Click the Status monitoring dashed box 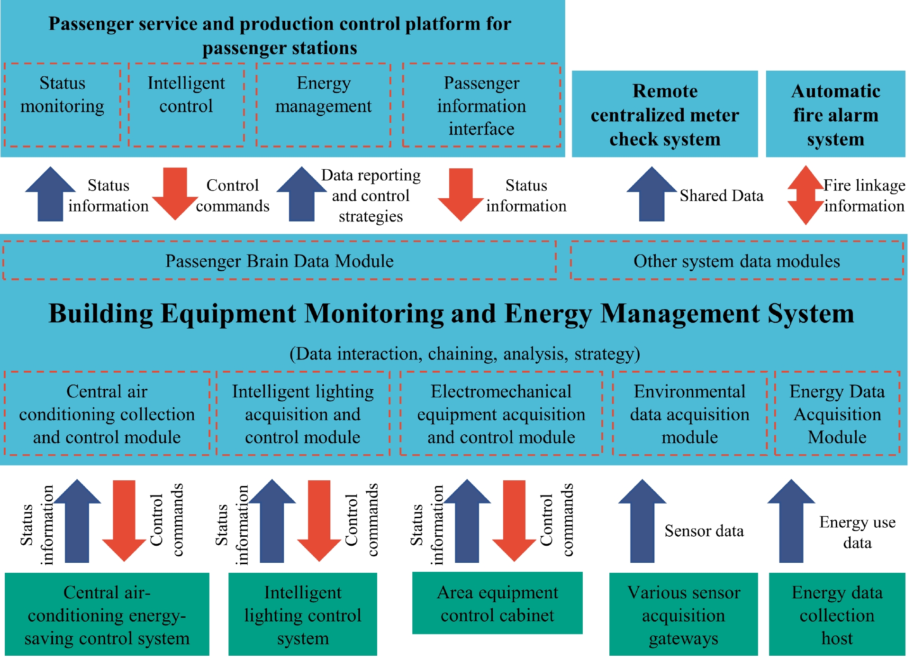[x=62, y=105]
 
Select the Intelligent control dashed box [x=186, y=105]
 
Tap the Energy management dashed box [x=323, y=105]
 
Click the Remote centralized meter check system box [x=664, y=114]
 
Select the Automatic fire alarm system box [x=835, y=114]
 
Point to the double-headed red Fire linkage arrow [x=805, y=195]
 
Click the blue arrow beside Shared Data [x=652, y=195]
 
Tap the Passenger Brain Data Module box [x=279, y=261]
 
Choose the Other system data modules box [x=736, y=261]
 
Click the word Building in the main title [x=100, y=314]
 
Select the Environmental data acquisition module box [x=689, y=414]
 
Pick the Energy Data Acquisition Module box [x=837, y=414]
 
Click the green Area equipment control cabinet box [x=497, y=603]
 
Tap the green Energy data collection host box [x=837, y=614]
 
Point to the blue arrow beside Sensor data [x=642, y=522]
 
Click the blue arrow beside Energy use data [x=791, y=522]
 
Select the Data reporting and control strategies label [x=371, y=195]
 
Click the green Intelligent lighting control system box [x=302, y=614]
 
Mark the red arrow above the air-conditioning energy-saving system [x=124, y=521]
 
